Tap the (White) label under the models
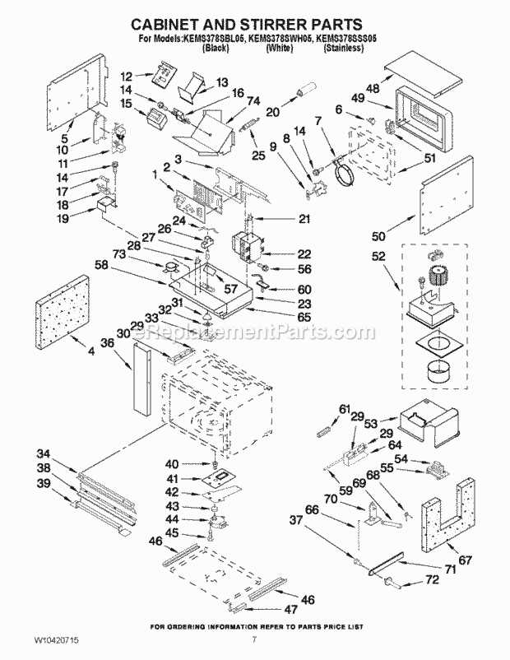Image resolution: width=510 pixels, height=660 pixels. pos(280,49)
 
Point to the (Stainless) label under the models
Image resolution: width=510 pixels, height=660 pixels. pos(343,49)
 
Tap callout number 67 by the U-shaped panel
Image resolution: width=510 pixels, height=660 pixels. pos(466,561)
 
